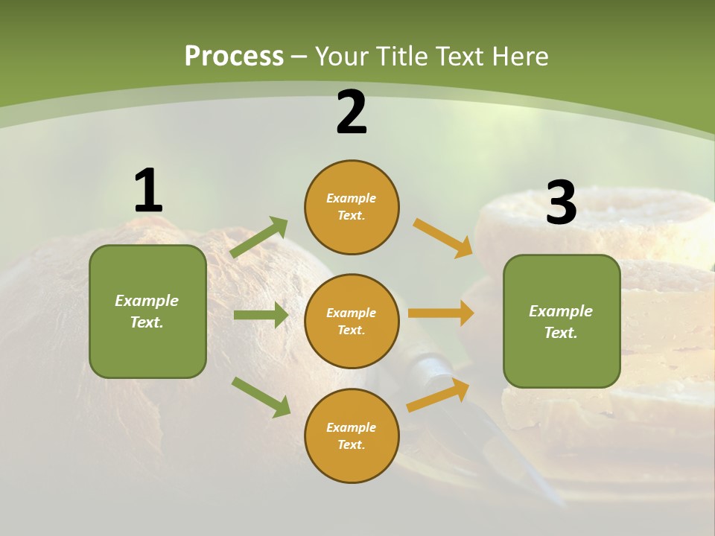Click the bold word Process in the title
(234, 56)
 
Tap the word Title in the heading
(399, 56)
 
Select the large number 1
(148, 191)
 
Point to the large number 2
(352, 112)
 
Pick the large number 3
(561, 202)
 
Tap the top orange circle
(352, 207)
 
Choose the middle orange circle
(352, 321)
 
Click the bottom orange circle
(352, 435)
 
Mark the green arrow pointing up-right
(259, 237)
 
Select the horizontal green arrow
(261, 315)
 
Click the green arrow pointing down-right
(261, 397)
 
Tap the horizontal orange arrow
(441, 313)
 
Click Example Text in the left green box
(147, 311)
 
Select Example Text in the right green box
(561, 322)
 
